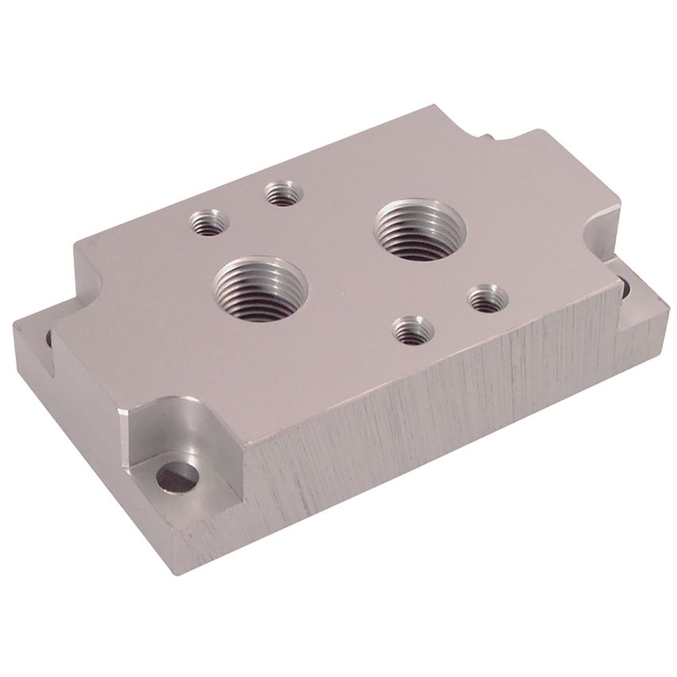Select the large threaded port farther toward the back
point(419,229)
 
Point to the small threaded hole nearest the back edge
point(282,193)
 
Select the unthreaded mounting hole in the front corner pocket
point(177,478)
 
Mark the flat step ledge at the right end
point(642,313)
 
